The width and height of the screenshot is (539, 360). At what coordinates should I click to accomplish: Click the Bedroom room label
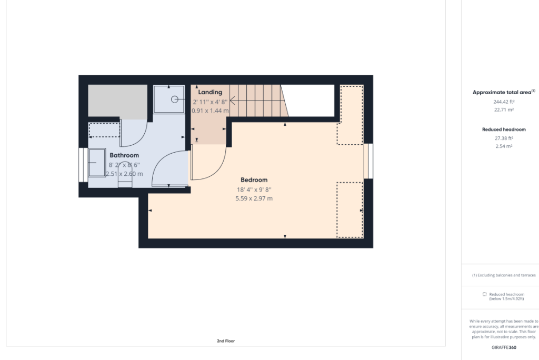[x=254, y=180]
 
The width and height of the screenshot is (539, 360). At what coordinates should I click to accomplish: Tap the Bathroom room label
[x=124, y=155]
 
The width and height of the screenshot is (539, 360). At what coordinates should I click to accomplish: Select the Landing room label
[x=210, y=92]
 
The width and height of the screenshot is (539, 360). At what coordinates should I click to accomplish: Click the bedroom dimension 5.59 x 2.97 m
[x=254, y=198]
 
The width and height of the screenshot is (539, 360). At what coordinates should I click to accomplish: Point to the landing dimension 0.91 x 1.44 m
[x=211, y=111]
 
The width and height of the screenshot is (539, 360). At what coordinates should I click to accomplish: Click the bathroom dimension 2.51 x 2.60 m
[x=124, y=174]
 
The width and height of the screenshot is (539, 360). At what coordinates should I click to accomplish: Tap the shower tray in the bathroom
[x=169, y=99]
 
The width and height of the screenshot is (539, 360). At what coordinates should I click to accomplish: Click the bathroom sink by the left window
[x=97, y=163]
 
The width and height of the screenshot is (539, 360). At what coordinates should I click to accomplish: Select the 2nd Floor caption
[x=225, y=341]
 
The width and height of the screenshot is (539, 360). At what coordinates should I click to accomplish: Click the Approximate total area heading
[x=503, y=92]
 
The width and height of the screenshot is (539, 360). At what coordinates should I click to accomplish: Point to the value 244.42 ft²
[x=503, y=102]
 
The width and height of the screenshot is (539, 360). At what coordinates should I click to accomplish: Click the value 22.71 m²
[x=503, y=110]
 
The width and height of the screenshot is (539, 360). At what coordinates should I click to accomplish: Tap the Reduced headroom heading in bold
[x=503, y=129]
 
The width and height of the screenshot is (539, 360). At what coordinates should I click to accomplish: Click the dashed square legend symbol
[x=484, y=294]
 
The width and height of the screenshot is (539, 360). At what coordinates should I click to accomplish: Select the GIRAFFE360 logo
[x=503, y=348]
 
